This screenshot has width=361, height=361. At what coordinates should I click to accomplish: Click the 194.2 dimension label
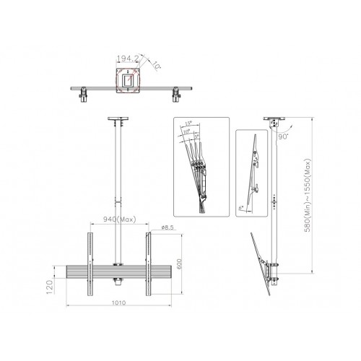click(126, 55)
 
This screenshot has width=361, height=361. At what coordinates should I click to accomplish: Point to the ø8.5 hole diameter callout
click(168, 228)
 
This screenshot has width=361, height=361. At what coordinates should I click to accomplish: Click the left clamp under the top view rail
click(84, 93)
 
